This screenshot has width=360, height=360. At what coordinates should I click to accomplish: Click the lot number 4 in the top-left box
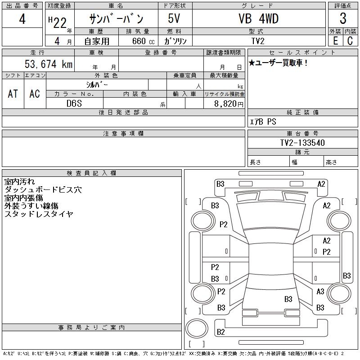coord(22,20)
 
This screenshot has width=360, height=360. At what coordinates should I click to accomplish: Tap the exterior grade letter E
coord(335,41)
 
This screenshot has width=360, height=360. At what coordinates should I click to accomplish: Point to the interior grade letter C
coord(350,41)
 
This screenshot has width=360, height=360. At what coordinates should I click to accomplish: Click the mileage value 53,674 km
coord(49,64)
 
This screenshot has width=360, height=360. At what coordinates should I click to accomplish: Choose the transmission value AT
coord(13,94)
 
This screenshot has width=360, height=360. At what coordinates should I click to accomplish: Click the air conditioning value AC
coord(35,94)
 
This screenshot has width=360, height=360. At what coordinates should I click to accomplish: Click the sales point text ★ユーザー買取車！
coord(278,63)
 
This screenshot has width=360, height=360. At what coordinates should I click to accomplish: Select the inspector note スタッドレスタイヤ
coord(39,214)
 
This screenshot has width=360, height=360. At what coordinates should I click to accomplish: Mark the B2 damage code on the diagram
coord(220,332)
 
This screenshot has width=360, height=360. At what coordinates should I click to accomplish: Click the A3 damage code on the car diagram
coord(320,292)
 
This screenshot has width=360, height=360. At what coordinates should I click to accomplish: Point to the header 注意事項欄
coord(123,134)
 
